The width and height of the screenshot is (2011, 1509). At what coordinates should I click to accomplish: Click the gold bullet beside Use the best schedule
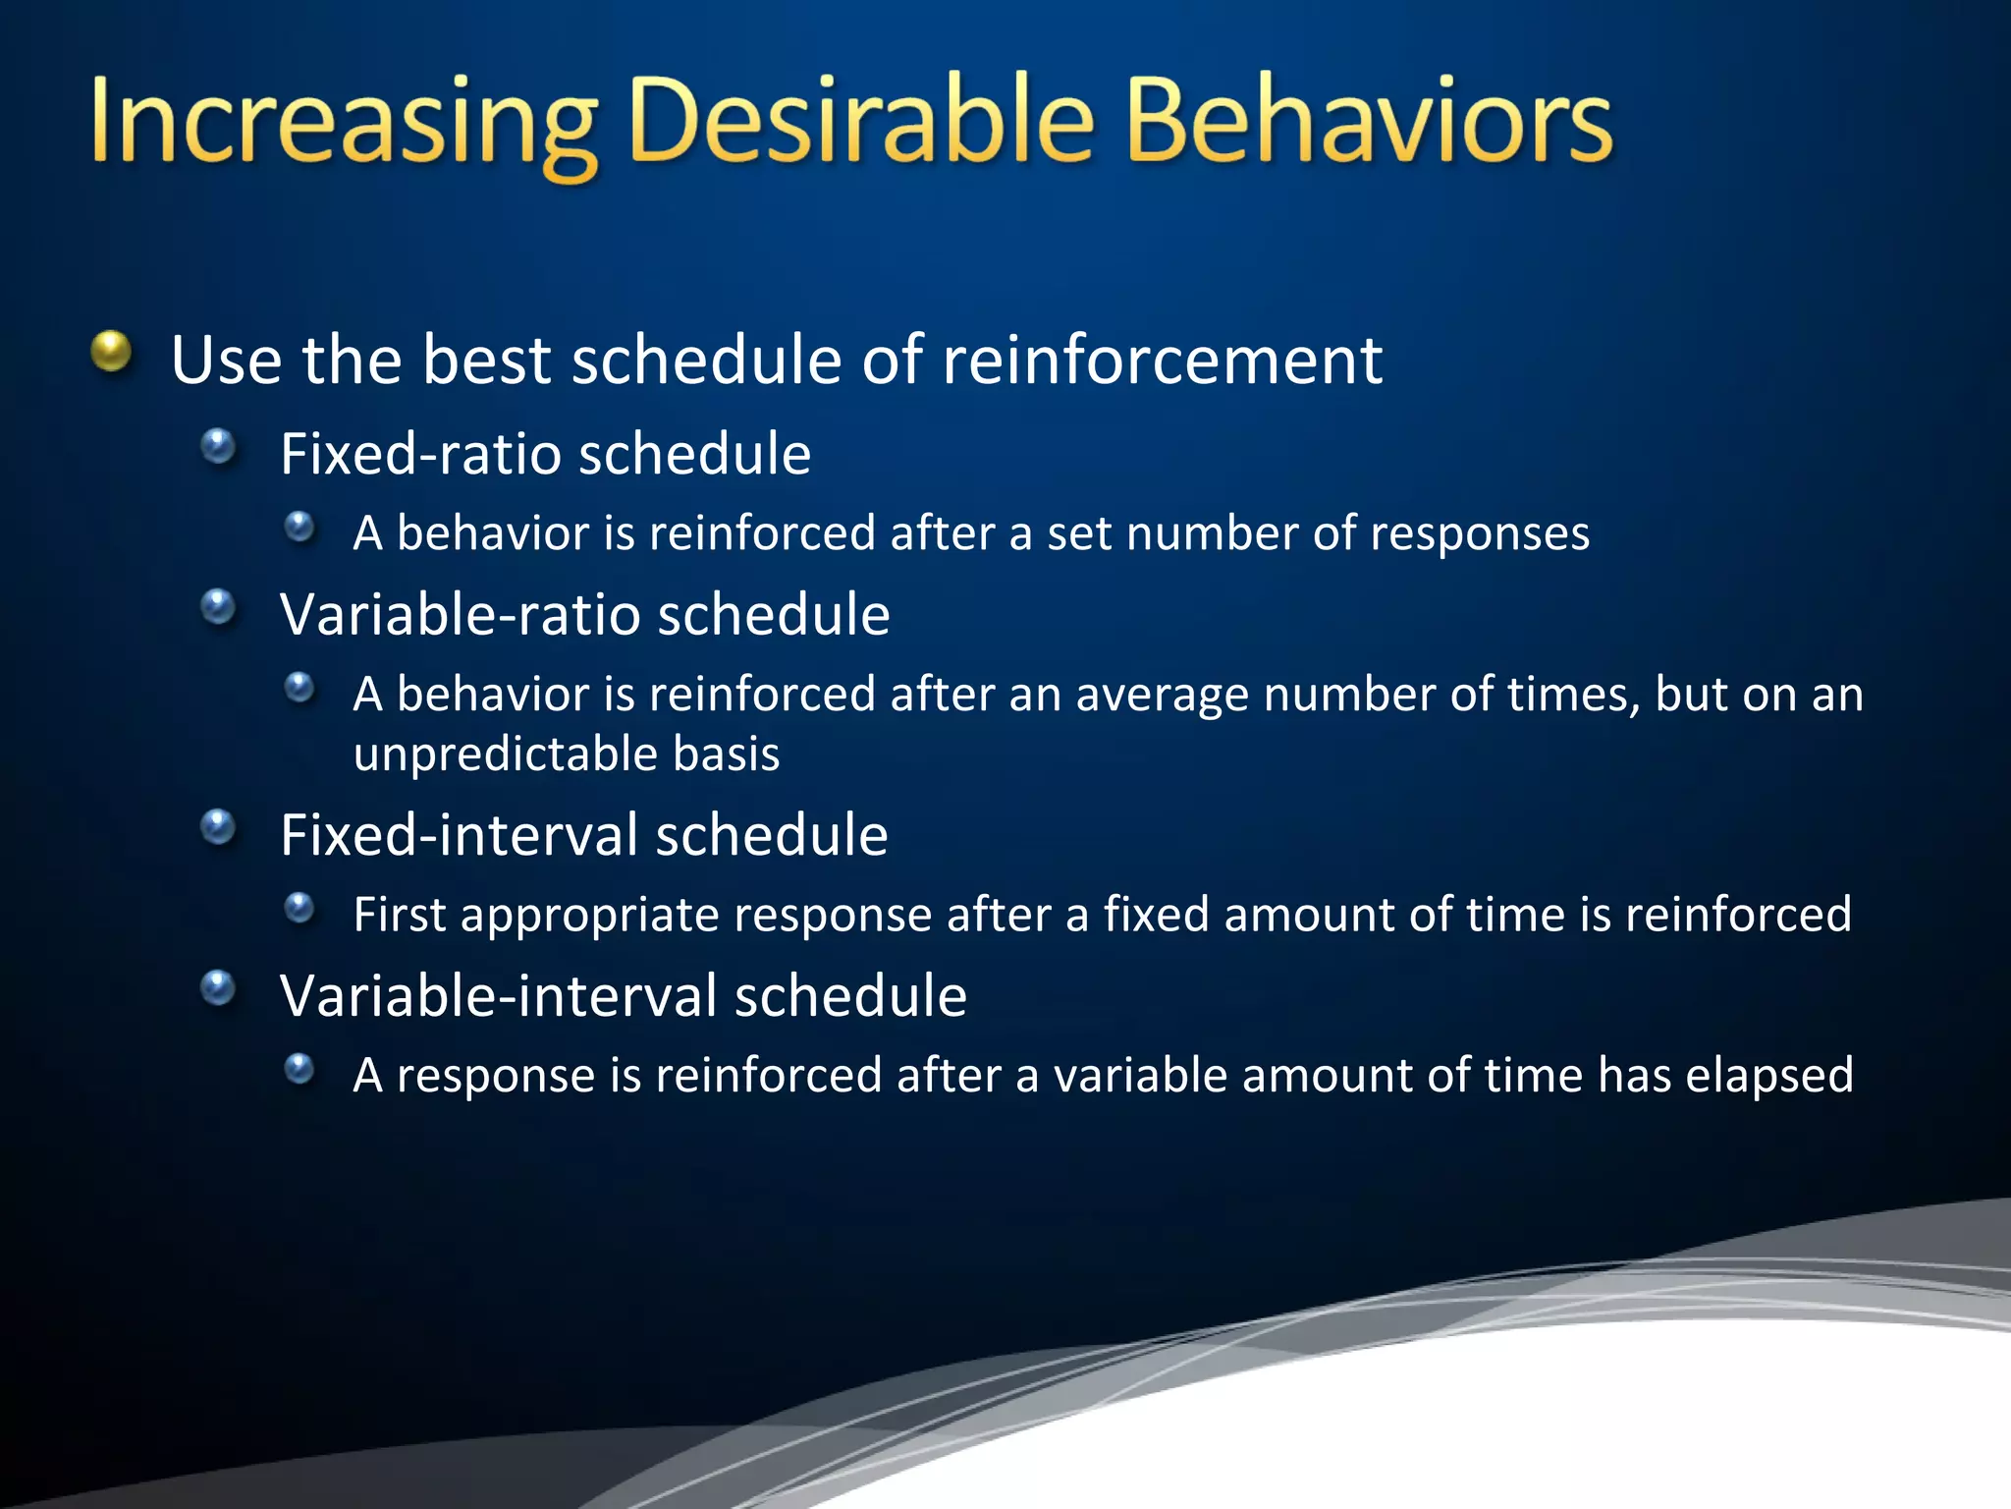click(111, 351)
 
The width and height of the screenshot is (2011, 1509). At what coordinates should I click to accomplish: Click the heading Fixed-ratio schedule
click(545, 454)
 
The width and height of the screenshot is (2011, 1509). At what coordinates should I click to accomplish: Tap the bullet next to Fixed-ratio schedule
click(218, 447)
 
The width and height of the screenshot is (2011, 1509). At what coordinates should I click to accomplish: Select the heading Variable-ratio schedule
click(584, 615)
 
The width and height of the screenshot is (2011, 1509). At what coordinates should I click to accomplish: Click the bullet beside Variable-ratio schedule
click(218, 607)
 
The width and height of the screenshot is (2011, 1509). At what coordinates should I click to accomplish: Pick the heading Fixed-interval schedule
click(583, 835)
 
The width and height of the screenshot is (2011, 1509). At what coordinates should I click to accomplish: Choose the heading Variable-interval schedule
click(623, 996)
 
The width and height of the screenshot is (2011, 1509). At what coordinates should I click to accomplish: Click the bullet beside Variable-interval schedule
click(218, 988)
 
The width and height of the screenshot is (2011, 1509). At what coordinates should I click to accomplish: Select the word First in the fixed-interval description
click(399, 915)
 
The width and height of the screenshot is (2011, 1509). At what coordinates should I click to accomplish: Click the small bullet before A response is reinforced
click(299, 1068)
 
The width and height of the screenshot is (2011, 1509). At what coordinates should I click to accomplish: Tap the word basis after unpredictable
click(726, 754)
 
